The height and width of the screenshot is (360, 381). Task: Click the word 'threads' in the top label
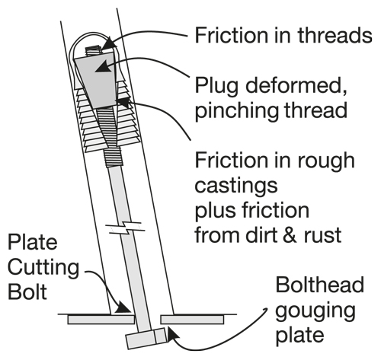(335, 35)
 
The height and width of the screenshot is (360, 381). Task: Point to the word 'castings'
(236, 186)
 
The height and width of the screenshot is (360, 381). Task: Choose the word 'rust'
(323, 235)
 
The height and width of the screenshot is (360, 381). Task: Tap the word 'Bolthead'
(320, 285)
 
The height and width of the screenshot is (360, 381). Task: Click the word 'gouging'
(315, 311)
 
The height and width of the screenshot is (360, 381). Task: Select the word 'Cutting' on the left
(43, 268)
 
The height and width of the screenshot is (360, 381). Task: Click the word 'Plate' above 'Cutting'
(32, 242)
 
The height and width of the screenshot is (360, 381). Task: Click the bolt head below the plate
(147, 338)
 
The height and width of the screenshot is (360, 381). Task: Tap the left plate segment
(101, 320)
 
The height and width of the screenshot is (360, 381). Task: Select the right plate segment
(192, 320)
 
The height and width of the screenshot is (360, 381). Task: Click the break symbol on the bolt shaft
(125, 228)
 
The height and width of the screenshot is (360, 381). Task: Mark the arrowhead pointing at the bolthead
(172, 333)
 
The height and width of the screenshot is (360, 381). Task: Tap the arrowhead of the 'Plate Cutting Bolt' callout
(123, 307)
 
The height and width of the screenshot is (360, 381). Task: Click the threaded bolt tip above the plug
(93, 51)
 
